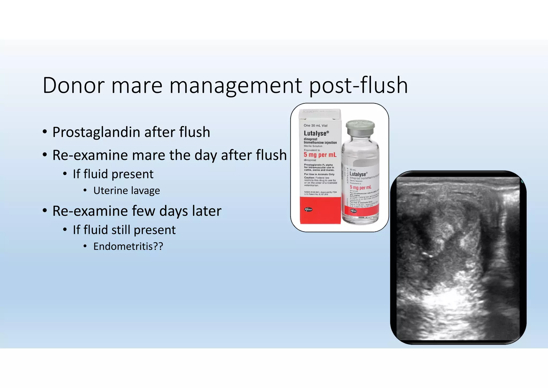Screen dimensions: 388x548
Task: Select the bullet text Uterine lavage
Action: (127, 191)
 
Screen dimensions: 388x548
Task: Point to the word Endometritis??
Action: (128, 246)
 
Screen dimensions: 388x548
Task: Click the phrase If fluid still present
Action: (124, 230)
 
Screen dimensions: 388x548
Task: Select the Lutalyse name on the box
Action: (315, 133)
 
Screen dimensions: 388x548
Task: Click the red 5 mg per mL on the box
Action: (320, 155)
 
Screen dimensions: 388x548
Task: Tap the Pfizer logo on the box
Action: (309, 209)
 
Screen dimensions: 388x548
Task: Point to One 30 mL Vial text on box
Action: (315, 125)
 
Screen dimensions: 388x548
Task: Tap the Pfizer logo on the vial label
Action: (354, 211)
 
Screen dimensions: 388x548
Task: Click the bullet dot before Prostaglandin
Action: (45, 132)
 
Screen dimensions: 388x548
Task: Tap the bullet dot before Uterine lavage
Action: (85, 191)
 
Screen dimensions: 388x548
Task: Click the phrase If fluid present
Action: (113, 174)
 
